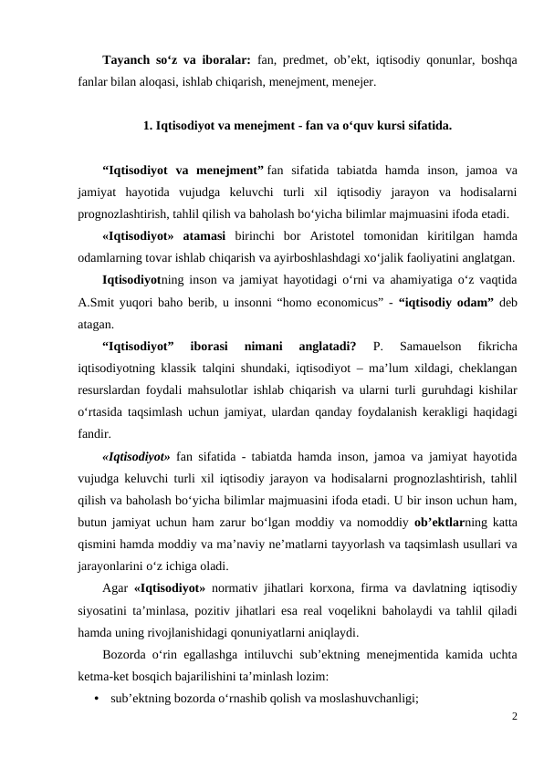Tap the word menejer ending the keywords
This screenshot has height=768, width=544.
pyautogui.click(x=350, y=81)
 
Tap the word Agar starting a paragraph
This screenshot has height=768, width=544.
pyautogui.click(x=115, y=588)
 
